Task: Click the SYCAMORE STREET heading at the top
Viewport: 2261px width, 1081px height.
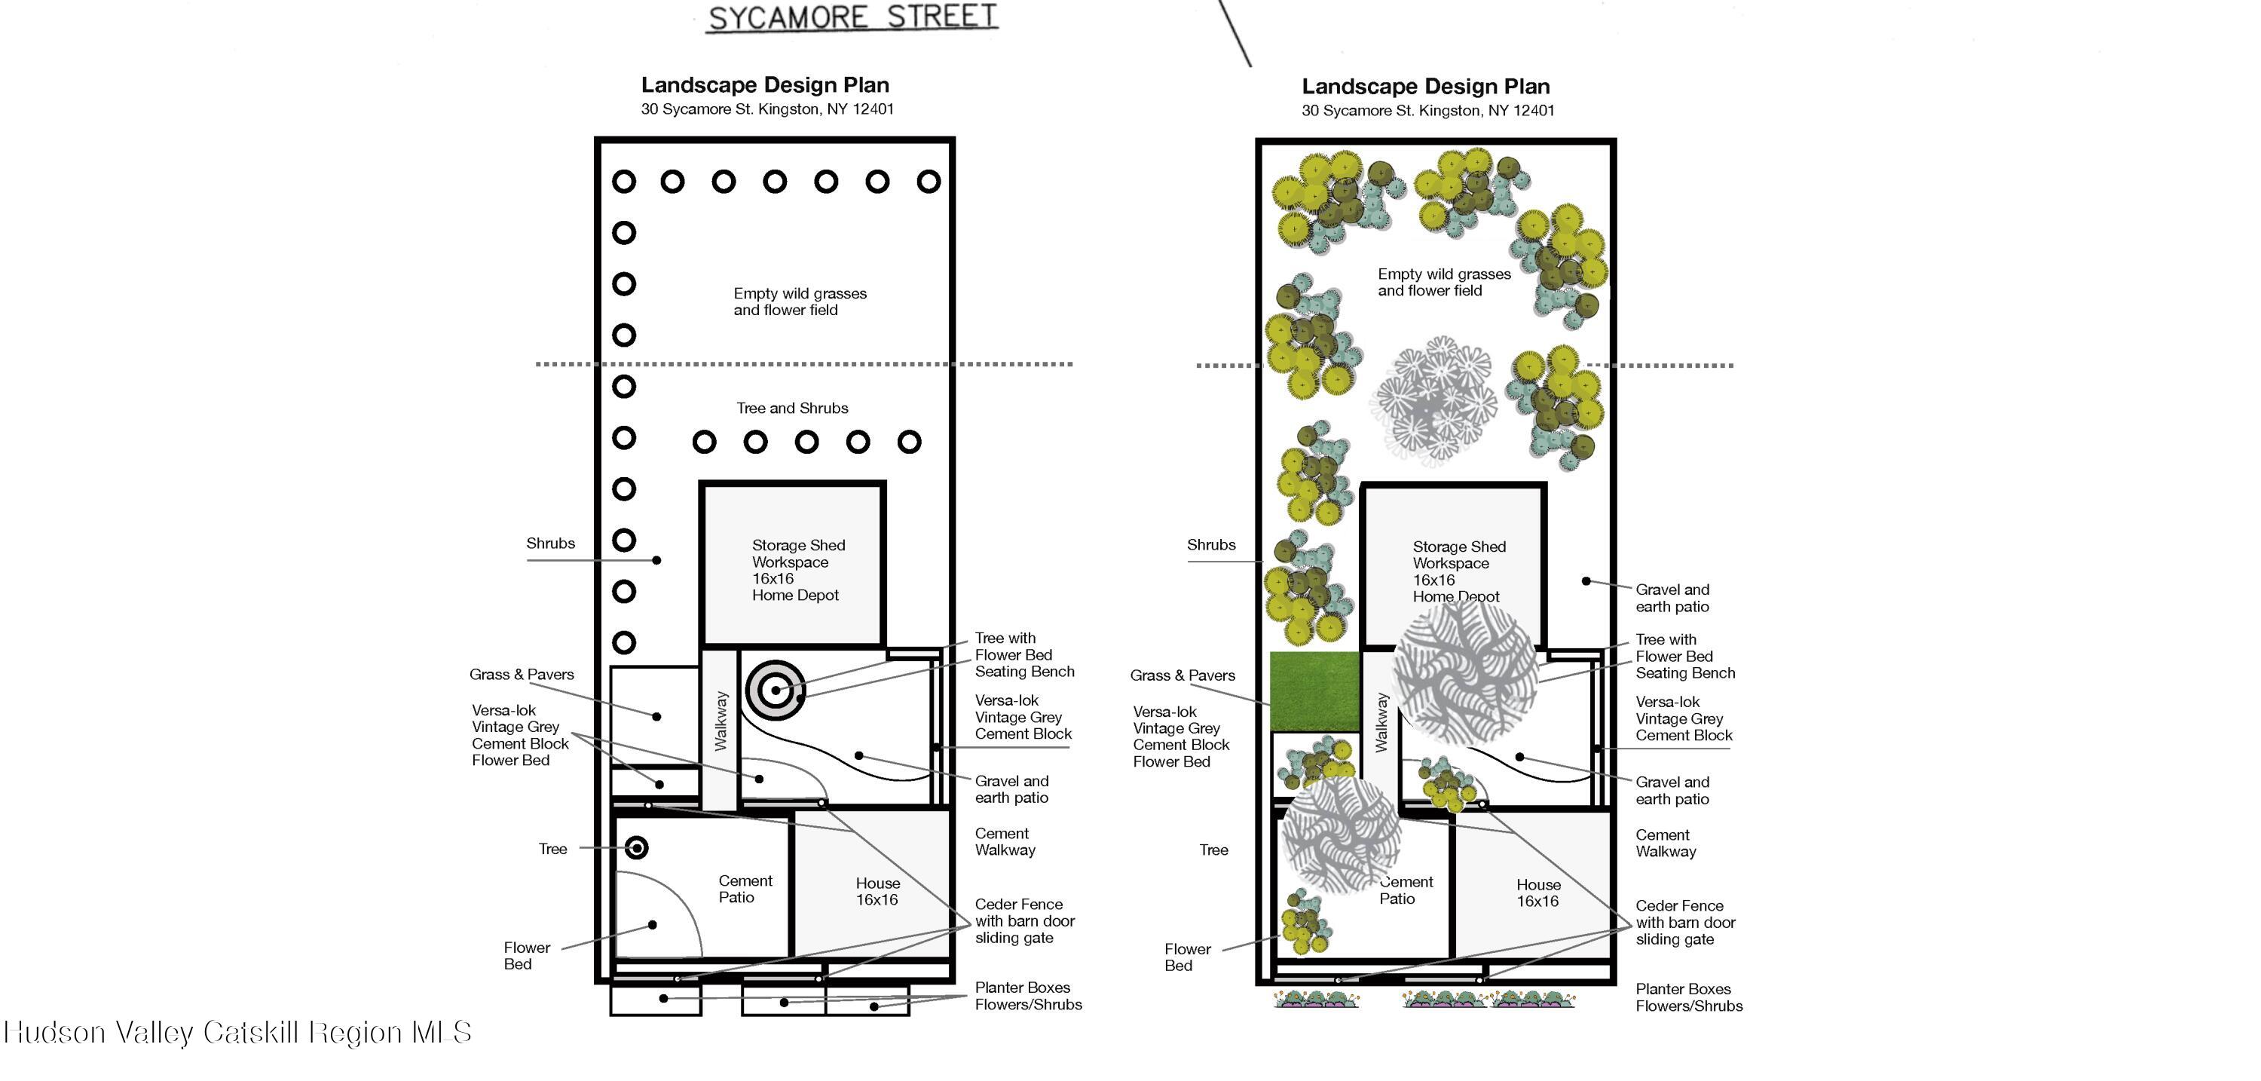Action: pyautogui.click(x=852, y=18)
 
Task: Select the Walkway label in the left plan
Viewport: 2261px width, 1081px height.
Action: pyautogui.click(x=721, y=721)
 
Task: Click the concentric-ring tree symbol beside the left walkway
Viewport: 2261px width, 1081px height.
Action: pyautogui.click(x=775, y=691)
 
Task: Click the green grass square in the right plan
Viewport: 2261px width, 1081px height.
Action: pyautogui.click(x=1315, y=691)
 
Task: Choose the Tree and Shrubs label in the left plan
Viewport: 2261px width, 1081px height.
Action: pyautogui.click(x=793, y=409)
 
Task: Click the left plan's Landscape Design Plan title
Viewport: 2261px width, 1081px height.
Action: pyautogui.click(x=766, y=85)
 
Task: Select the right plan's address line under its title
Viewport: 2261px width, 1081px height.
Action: pyautogui.click(x=1428, y=111)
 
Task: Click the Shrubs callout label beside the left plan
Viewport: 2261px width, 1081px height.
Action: pyautogui.click(x=550, y=544)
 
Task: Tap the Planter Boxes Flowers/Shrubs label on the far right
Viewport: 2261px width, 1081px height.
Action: pyautogui.click(x=1689, y=997)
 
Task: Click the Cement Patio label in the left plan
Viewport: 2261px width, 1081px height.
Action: pyautogui.click(x=745, y=889)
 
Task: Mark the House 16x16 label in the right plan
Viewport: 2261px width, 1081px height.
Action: pyautogui.click(x=1537, y=893)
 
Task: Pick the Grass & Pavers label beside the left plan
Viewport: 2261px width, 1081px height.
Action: pyautogui.click(x=522, y=675)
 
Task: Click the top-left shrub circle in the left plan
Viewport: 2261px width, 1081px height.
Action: pyautogui.click(x=624, y=182)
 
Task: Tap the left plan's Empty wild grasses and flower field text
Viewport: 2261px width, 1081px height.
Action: pyautogui.click(x=800, y=302)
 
